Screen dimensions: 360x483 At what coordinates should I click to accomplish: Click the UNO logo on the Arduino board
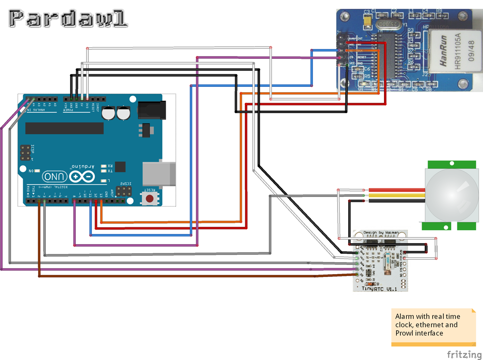click(x=54, y=177)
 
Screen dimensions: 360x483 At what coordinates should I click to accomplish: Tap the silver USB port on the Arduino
click(x=158, y=174)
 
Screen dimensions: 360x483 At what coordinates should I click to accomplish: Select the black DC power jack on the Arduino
click(x=152, y=110)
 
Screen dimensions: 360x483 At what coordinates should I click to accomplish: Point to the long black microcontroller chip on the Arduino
click(x=64, y=128)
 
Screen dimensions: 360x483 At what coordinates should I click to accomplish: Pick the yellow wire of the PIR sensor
click(x=396, y=195)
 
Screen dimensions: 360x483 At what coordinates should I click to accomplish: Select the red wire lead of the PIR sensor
click(x=396, y=190)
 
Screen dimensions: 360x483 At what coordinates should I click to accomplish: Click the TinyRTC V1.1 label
click(x=380, y=289)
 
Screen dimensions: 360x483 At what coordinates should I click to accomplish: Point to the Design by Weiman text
click(x=381, y=233)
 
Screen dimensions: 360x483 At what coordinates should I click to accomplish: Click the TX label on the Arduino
click(x=110, y=171)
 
